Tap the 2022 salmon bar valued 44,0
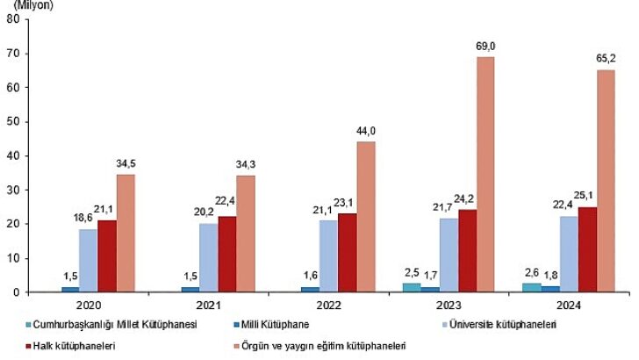click(365, 217)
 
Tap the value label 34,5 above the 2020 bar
click(126, 164)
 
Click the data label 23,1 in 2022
click(347, 204)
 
